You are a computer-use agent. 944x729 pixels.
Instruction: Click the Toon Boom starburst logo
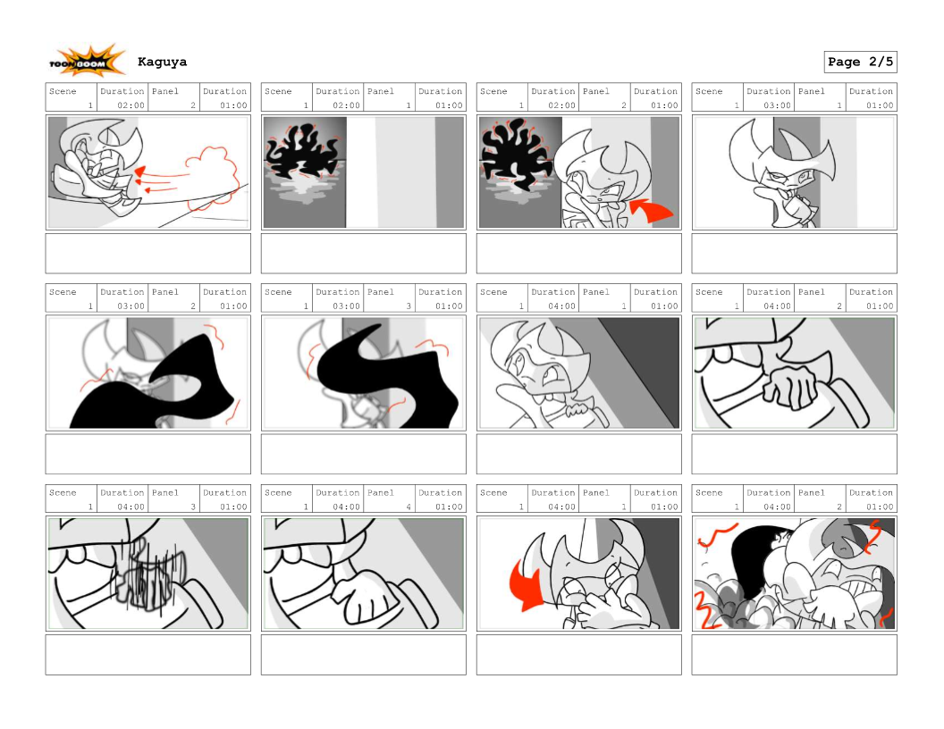point(88,61)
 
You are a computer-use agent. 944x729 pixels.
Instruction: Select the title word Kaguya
point(162,62)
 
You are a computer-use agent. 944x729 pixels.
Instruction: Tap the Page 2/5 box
point(860,62)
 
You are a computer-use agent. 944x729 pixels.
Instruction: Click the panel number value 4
point(409,507)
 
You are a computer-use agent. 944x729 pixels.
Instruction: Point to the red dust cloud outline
point(207,174)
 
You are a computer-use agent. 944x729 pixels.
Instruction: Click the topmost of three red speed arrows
point(161,172)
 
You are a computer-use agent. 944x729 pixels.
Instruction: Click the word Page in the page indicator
point(844,62)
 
